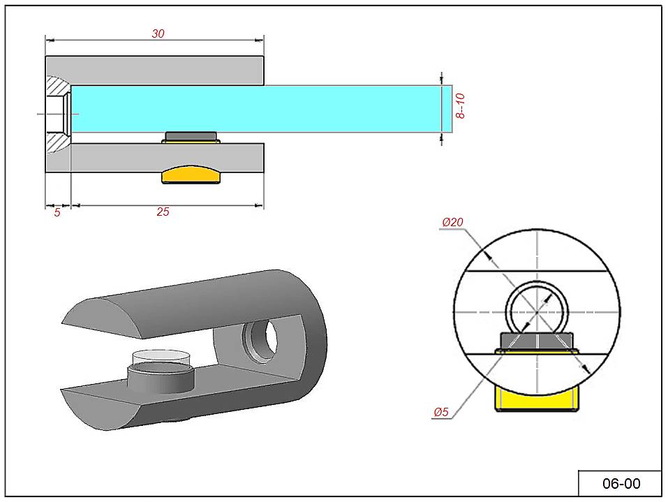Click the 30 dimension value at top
158,34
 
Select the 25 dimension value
163,212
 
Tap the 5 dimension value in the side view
57,212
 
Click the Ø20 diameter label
453,223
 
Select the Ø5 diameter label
440,412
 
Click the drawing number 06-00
621,483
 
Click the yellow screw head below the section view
191,175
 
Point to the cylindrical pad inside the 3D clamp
161,378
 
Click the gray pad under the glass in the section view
191,135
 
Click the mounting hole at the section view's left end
57,114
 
